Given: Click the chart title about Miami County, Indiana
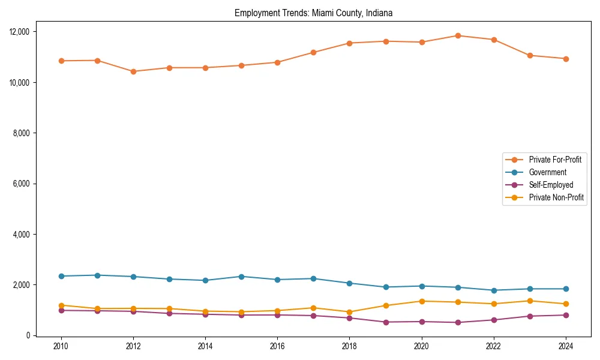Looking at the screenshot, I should point(313,13).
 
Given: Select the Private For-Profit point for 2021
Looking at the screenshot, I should point(458,35).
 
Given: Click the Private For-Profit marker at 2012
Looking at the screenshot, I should point(133,71).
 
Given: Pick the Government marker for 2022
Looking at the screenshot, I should point(494,290).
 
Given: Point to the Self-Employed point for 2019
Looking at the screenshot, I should point(386,322).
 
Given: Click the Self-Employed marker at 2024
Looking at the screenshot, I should point(566,315).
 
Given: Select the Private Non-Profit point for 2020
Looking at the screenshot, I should point(422,301).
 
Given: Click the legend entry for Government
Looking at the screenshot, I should point(547,172).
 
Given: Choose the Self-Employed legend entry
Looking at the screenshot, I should point(551,185).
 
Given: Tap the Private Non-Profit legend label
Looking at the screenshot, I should point(556,197).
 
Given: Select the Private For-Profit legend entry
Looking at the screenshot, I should point(555,160).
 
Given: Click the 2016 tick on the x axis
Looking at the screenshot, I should point(277,346).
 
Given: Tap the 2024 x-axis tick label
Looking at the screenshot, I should point(566,346).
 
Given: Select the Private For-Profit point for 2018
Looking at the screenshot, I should point(350,43).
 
